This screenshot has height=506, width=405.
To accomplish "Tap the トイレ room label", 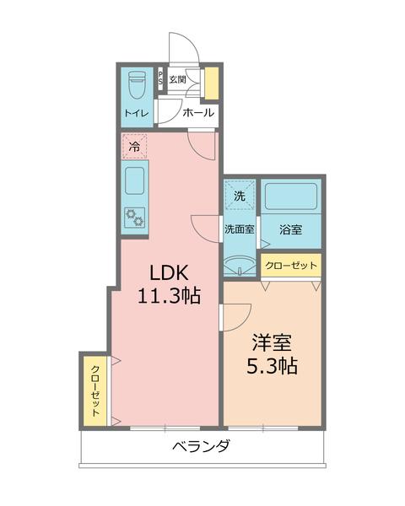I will pyautogui.click(x=136, y=113).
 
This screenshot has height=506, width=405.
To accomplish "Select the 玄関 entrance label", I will pyautogui.click(x=177, y=79).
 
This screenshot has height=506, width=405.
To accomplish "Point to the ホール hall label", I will pyautogui.click(x=197, y=113).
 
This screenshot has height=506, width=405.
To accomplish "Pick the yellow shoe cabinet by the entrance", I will pyautogui.click(x=211, y=83).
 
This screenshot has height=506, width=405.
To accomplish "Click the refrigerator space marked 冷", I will pyautogui.click(x=135, y=146).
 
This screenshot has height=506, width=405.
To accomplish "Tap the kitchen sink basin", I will pyautogui.click(x=136, y=180).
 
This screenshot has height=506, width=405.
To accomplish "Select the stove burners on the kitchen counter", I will pyautogui.click(x=135, y=217).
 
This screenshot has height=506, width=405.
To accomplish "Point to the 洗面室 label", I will pyautogui.click(x=240, y=228).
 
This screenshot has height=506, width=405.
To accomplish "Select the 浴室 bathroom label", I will pyautogui.click(x=290, y=228).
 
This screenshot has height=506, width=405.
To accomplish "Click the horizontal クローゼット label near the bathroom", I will pyautogui.click(x=291, y=266).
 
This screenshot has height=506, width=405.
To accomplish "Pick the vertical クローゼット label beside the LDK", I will pyautogui.click(x=95, y=390).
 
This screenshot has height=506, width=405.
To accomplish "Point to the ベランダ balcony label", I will pyautogui.click(x=200, y=446).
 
